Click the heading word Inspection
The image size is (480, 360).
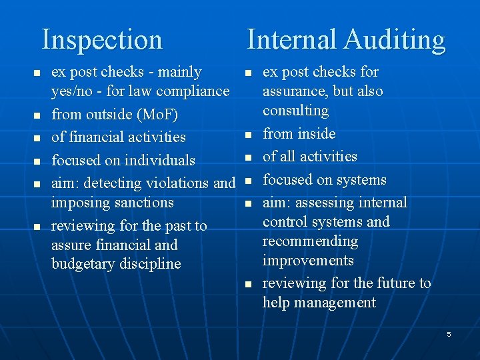(102, 40)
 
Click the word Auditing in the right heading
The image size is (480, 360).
(395, 40)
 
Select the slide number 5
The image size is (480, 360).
(449, 334)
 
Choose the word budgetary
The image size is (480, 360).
(84, 263)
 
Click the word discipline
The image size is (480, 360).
(150, 263)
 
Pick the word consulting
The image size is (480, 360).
(295, 110)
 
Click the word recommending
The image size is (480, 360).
(310, 241)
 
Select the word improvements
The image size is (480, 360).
(307, 260)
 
